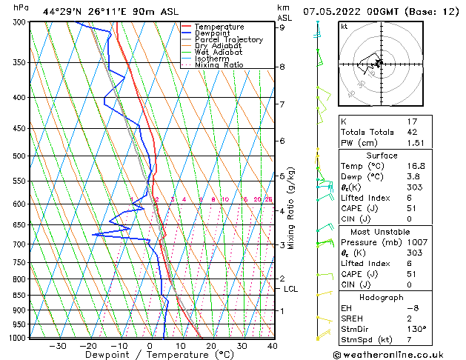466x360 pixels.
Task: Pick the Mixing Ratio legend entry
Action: click(219, 65)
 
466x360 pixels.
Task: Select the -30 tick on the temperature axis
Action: click(57, 346)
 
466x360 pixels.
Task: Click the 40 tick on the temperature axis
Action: click(272, 346)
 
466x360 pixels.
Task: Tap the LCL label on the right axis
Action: click(290, 289)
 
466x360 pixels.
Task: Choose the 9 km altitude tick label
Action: click(282, 27)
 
